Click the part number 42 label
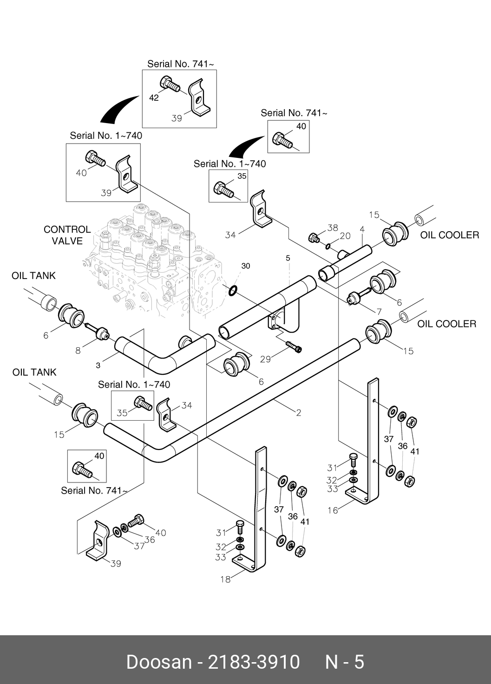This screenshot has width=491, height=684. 154,98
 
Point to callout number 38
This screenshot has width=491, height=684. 333,228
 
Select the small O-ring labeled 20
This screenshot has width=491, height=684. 328,246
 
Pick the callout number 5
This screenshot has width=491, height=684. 288,257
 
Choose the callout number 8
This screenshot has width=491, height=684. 78,351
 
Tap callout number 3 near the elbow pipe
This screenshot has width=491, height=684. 98,365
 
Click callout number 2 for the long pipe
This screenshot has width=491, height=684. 299,412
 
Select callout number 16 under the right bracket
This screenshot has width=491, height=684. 333,510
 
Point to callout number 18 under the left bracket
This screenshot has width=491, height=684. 225,579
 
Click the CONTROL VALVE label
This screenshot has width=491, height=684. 67,235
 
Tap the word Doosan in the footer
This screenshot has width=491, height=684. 158,661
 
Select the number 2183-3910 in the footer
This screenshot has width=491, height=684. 254,661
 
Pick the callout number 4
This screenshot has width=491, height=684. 362,229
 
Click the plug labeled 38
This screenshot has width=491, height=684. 314,238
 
